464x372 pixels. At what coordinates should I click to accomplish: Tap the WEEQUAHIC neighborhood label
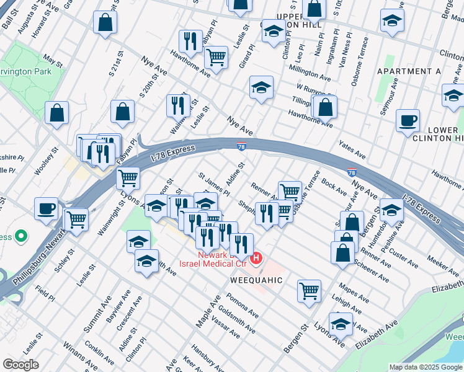point(257,280)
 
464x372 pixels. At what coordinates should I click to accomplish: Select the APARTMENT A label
point(409,72)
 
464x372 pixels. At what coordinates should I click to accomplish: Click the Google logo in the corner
point(20,365)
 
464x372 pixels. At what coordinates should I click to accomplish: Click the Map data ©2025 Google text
point(425,367)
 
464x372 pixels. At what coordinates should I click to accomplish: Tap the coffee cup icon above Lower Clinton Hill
point(408,121)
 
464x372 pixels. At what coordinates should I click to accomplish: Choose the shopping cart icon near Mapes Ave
point(309,290)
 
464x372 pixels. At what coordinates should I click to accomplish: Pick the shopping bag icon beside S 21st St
point(123,112)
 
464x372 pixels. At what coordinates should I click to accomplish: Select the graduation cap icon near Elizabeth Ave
point(340,324)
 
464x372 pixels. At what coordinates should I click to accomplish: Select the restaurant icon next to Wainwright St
point(178,105)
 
